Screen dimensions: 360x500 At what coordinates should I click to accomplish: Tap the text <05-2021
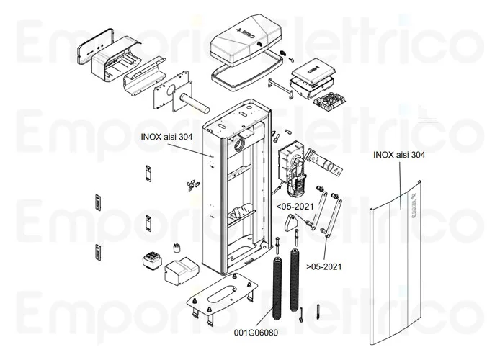[x=294, y=206]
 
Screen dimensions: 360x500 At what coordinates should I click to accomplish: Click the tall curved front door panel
[x=398, y=274]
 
